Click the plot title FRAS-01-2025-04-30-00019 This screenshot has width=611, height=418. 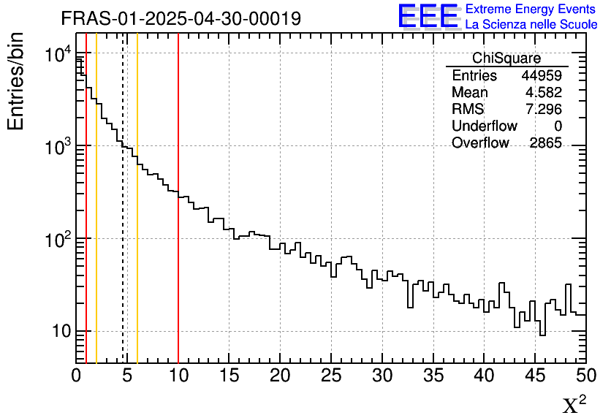click(x=181, y=18)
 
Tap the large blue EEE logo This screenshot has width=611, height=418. click(x=428, y=16)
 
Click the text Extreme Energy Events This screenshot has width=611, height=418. click(x=531, y=9)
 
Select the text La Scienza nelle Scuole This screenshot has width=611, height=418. click(x=531, y=24)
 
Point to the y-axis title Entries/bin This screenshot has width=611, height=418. click(x=16, y=81)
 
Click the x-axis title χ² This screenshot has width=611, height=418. click(x=574, y=404)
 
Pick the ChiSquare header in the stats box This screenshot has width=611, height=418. click(x=506, y=58)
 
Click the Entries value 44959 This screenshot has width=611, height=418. click(x=542, y=76)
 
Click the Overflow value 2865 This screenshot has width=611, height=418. click(x=545, y=143)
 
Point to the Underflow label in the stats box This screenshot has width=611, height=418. click(x=485, y=126)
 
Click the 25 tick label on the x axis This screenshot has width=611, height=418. click(x=332, y=376)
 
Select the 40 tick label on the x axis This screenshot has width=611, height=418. click(x=485, y=376)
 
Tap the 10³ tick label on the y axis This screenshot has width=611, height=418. click(x=54, y=147)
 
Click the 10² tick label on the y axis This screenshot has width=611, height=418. click(x=54, y=240)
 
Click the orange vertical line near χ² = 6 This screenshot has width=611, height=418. click(x=137, y=278)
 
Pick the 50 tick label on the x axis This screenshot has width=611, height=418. click(x=585, y=376)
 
